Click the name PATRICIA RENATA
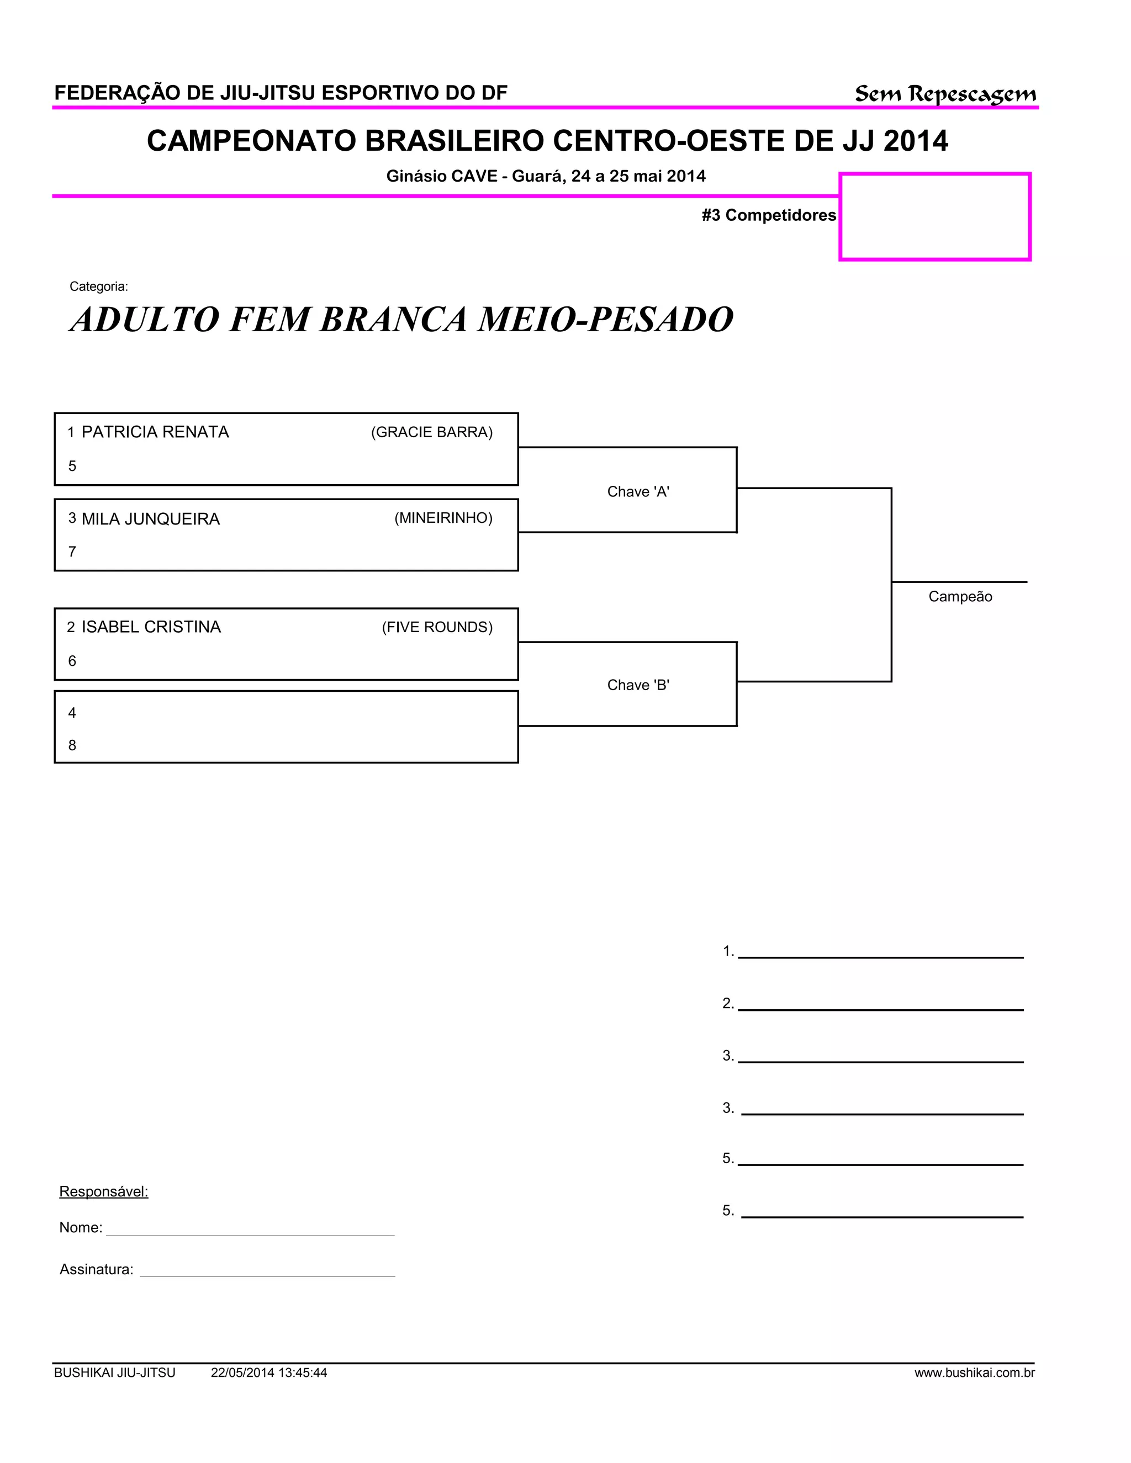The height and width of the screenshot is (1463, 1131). [x=155, y=432]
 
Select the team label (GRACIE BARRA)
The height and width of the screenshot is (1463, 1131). [x=431, y=432]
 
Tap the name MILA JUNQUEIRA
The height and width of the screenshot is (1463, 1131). [x=150, y=519]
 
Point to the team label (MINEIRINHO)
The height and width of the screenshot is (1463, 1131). [x=443, y=518]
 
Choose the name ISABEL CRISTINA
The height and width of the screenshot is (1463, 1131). [x=151, y=627]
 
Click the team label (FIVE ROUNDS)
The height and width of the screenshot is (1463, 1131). [x=437, y=627]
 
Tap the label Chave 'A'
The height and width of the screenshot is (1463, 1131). [x=638, y=492]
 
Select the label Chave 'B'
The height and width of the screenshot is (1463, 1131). [x=638, y=685]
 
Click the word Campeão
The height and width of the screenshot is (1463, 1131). [x=959, y=597]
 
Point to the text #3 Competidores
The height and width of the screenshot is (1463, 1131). [x=769, y=215]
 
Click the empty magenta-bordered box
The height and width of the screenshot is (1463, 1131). [x=935, y=216]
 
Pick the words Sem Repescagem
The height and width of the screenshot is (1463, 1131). [x=945, y=94]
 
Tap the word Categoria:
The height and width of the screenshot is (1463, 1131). [x=98, y=287]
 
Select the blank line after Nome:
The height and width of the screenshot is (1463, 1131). [x=250, y=1230]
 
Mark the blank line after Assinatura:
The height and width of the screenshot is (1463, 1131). [x=267, y=1271]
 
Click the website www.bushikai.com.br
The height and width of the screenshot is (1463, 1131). [x=974, y=1373]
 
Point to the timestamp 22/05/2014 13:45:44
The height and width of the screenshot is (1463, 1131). [x=269, y=1373]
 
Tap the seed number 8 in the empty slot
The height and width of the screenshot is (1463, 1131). [x=72, y=745]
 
